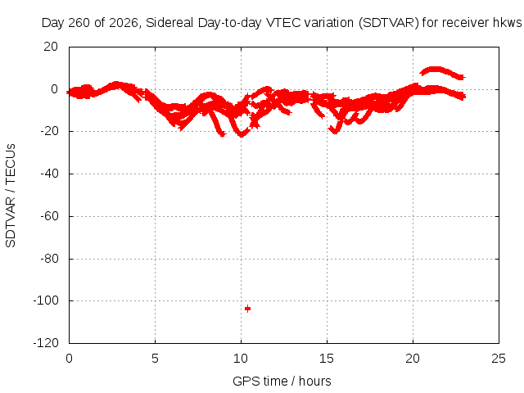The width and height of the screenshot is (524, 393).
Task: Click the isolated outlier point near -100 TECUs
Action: [247, 309]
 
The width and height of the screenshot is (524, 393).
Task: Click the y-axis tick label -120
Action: [46, 343]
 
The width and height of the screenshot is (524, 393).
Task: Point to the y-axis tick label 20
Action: [51, 47]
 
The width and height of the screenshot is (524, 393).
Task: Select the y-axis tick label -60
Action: [49, 216]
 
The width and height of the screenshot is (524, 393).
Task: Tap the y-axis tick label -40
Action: [49, 174]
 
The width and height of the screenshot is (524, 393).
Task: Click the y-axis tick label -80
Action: [49, 259]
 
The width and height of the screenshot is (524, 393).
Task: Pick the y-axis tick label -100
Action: [46, 300]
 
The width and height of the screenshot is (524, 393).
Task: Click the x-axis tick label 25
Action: [499, 359]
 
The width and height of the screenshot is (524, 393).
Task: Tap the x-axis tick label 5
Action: [155, 359]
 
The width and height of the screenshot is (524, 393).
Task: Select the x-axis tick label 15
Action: [327, 359]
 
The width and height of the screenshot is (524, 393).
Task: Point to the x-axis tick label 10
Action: [241, 359]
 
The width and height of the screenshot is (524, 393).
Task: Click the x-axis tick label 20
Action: [413, 359]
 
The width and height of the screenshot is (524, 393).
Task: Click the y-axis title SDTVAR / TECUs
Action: [11, 196]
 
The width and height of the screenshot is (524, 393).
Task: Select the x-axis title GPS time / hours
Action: [282, 382]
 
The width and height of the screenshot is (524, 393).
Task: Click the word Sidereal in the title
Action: [169, 23]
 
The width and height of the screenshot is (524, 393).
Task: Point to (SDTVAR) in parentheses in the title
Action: [389, 23]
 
